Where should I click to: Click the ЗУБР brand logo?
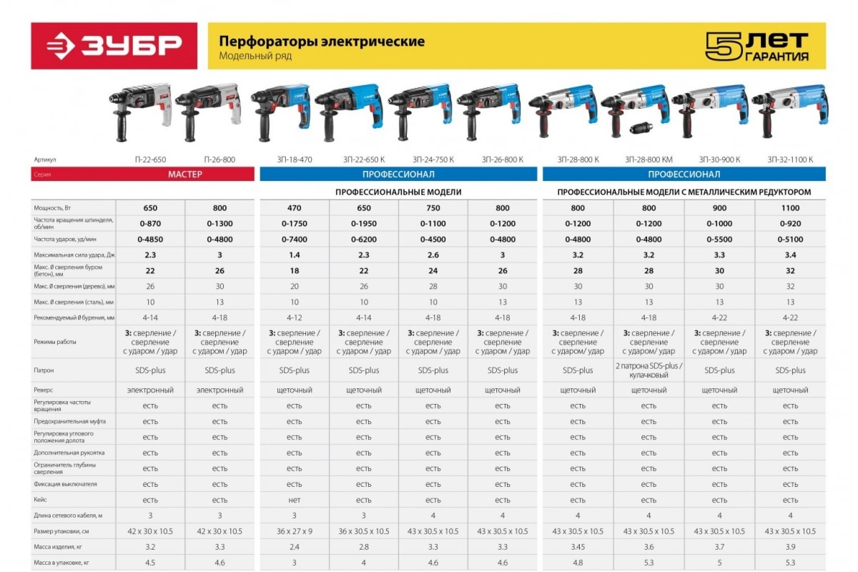(114, 46)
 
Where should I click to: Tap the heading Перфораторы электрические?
(321, 41)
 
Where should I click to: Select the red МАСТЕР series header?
(185, 174)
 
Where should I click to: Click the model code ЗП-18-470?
(294, 159)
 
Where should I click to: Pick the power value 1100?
(789, 208)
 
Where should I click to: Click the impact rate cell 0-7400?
(294, 240)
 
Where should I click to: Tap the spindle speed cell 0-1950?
(364, 224)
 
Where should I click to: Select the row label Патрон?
(44, 370)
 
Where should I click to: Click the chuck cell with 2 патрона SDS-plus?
(649, 370)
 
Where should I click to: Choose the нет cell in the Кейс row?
(294, 500)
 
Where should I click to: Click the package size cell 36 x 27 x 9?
(294, 531)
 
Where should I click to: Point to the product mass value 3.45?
(578, 547)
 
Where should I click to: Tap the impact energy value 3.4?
(789, 255)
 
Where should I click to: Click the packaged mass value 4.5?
(150, 563)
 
